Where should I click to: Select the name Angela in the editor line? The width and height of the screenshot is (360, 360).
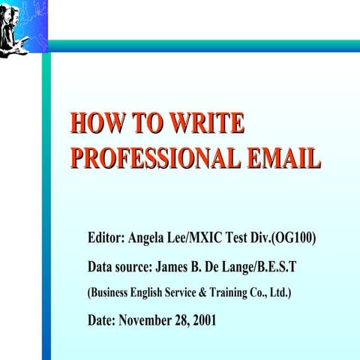(x=149, y=238)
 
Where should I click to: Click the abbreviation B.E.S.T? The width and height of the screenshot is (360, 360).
(x=271, y=266)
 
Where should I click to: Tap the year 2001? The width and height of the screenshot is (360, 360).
(x=204, y=320)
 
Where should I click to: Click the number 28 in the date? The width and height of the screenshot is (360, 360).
(x=182, y=320)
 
